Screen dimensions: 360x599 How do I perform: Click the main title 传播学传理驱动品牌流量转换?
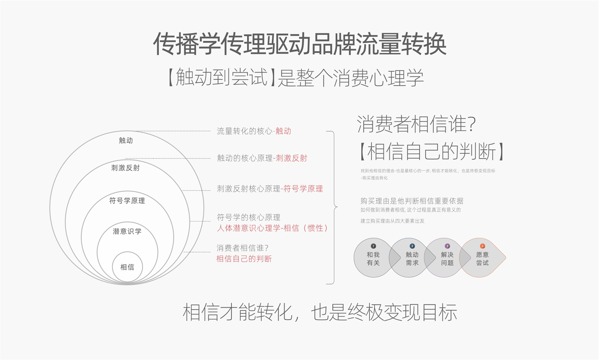[299, 44]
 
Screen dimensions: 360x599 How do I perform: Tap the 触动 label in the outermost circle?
[126, 140]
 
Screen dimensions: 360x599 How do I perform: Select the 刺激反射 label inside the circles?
[125, 168]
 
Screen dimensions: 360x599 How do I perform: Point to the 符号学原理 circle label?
[127, 201]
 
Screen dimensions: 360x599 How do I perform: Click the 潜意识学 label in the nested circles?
[127, 232]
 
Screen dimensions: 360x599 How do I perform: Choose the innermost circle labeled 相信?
[127, 267]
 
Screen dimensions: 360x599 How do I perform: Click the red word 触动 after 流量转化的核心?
[283, 131]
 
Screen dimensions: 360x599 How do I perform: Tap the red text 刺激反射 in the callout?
[291, 158]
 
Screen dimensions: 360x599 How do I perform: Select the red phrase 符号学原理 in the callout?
[303, 189]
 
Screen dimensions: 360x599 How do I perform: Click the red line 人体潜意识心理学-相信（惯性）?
[272, 228]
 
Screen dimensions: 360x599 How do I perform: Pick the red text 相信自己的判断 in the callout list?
[244, 259]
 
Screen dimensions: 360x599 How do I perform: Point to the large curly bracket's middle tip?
[337, 207]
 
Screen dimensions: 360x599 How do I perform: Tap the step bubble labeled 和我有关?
[373, 258]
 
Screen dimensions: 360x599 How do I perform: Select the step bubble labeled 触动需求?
[412, 258]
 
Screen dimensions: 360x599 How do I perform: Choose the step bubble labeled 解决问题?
[447, 258]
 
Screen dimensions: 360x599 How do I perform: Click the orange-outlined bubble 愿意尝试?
[482, 258]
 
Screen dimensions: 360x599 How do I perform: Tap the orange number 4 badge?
[483, 246]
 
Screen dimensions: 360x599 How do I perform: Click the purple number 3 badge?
[447, 246]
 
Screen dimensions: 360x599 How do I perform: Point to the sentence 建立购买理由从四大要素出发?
[392, 221]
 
